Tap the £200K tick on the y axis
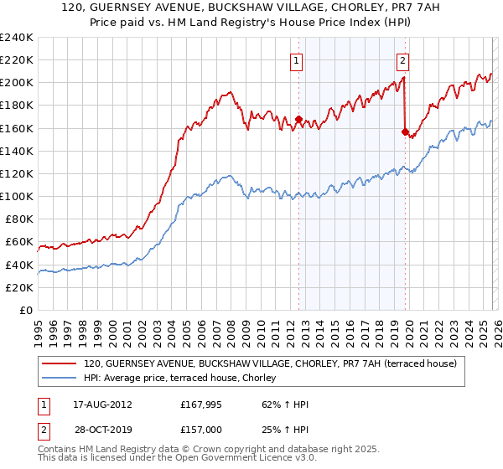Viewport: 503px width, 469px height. (16, 83)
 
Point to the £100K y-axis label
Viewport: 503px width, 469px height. (16, 196)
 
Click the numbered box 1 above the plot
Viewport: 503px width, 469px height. (298, 59)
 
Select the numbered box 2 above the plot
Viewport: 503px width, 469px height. (403, 59)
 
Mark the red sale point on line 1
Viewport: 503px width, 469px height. (298, 119)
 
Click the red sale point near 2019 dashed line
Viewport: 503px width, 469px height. (405, 131)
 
